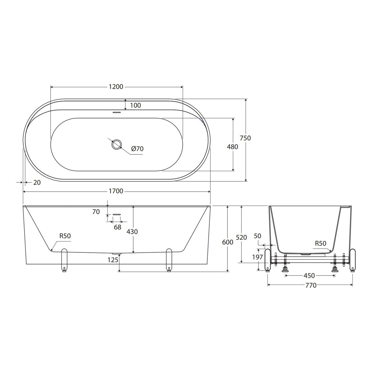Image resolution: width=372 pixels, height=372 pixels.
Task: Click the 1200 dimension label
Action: [x=116, y=87]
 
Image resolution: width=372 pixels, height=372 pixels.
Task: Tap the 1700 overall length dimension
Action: [x=116, y=191]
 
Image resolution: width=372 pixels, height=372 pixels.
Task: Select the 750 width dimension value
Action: [x=245, y=138]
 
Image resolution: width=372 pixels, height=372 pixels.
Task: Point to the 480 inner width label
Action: [x=232, y=147]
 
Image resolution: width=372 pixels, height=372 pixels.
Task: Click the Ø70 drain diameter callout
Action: [x=137, y=149]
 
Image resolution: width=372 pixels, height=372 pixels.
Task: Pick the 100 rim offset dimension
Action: [x=135, y=105]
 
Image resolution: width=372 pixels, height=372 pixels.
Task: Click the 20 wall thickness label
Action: [x=37, y=182]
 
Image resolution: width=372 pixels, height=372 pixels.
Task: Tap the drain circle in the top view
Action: [x=117, y=144]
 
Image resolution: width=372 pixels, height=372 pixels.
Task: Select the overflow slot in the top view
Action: [x=117, y=112]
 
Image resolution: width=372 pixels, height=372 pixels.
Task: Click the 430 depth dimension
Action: [x=132, y=232]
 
